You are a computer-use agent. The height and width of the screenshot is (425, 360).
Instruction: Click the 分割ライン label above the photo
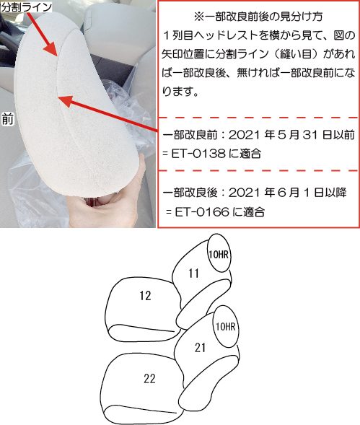click(26, 6)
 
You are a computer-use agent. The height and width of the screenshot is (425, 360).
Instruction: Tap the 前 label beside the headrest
click(8, 119)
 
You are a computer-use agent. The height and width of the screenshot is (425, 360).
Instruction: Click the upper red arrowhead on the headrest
click(51, 49)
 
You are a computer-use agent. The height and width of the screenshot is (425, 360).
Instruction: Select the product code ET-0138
click(198, 154)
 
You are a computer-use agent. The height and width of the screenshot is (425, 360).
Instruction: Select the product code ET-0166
click(202, 211)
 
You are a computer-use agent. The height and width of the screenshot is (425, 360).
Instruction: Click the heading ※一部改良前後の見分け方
click(258, 17)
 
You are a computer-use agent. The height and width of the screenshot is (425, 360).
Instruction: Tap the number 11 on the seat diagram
click(194, 273)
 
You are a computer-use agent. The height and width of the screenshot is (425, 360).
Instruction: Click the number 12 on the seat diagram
click(145, 296)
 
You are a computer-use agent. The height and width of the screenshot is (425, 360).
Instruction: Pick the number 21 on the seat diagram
click(200, 348)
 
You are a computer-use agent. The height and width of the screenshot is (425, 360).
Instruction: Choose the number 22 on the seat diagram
click(149, 378)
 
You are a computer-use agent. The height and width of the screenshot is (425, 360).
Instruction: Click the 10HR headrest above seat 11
click(219, 253)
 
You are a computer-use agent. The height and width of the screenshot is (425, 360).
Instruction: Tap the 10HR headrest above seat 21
click(226, 326)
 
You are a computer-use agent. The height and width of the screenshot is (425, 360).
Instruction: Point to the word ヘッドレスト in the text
click(224, 35)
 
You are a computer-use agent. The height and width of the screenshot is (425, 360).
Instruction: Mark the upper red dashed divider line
click(259, 118)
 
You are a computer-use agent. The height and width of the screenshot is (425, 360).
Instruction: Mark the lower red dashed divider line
click(259, 171)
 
